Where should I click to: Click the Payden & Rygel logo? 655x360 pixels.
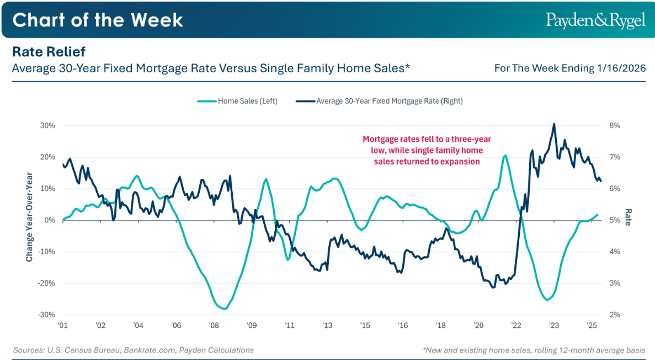595,20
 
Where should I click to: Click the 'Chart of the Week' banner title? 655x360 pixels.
98,20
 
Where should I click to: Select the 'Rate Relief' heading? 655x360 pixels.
49,52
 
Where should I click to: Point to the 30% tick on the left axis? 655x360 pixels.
48,125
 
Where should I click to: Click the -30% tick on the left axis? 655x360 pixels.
47,315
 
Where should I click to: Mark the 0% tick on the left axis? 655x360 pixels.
50,220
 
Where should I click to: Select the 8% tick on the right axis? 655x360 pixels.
615,125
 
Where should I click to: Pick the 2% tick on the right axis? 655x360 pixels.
615,315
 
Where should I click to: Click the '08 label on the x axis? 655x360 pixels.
214,326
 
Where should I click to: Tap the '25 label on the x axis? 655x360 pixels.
591,326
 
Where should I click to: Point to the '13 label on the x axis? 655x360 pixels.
327,326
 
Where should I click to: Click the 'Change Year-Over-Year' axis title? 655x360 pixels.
29,220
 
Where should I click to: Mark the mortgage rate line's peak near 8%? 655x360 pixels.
554,124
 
